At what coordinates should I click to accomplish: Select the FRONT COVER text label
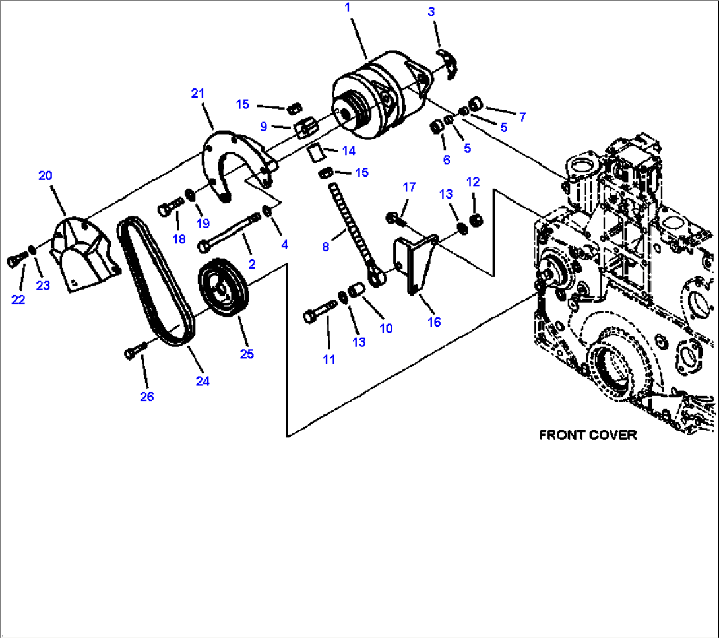pyautogui.click(x=588, y=435)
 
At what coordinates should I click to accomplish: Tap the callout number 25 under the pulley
pyautogui.click(x=246, y=354)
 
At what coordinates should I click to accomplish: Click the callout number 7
pyautogui.click(x=522, y=117)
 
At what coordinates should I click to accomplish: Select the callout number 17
pyautogui.click(x=409, y=187)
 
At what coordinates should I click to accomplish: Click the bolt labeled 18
pyautogui.click(x=170, y=209)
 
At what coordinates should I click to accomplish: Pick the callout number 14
pyautogui.click(x=348, y=150)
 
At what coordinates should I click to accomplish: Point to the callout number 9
pyautogui.click(x=263, y=126)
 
